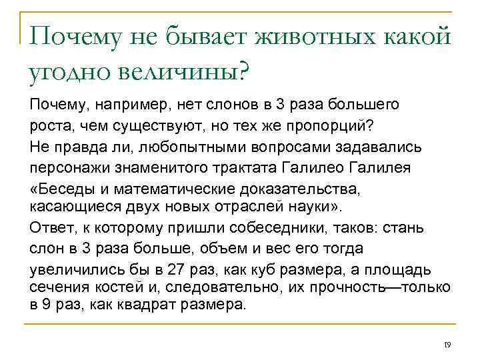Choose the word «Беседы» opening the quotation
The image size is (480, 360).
(65, 187)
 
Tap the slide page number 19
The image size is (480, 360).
(447, 344)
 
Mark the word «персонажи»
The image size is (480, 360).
(63, 167)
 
